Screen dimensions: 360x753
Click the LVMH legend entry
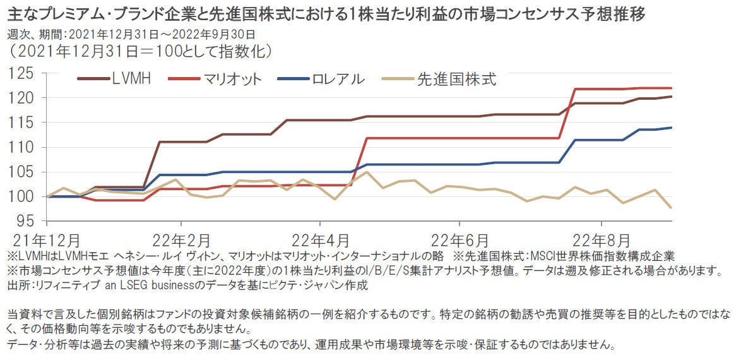131,80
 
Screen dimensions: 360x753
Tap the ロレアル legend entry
338,80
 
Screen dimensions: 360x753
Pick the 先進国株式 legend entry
456,80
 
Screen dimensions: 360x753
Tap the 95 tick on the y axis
27,222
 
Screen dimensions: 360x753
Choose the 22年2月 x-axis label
182,241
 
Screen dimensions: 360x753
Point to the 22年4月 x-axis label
320,241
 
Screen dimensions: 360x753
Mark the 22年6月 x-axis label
460,241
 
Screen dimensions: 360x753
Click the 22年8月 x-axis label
602,241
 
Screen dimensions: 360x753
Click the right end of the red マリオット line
670,88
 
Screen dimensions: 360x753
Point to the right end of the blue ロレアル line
670,128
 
